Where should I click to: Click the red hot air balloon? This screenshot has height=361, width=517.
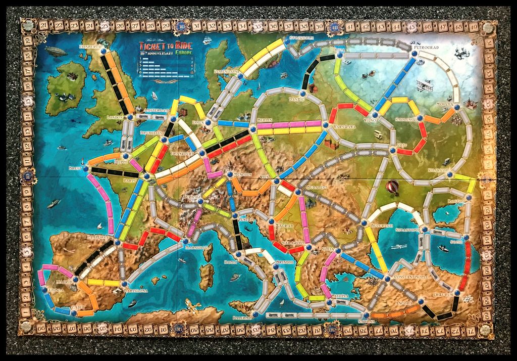392,187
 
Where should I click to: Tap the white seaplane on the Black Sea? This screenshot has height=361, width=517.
398,247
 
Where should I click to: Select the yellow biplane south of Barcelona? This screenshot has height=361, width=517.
192,305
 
